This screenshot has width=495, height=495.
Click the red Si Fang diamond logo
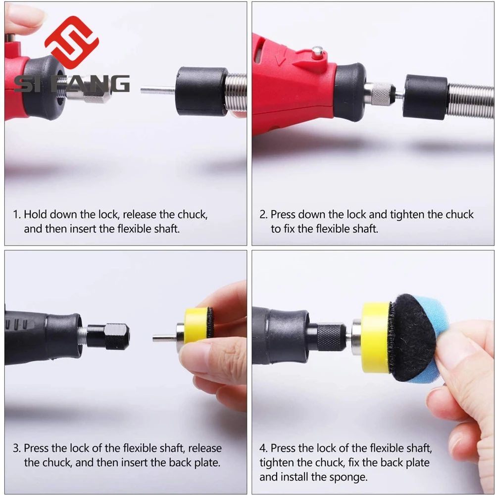point(72,42)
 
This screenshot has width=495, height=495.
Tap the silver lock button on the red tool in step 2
point(318,53)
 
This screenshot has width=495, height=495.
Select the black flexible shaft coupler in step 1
point(201,91)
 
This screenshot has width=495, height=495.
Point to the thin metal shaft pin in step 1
point(157,91)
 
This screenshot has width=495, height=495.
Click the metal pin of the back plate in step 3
point(165,339)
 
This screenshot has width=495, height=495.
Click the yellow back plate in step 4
point(376,337)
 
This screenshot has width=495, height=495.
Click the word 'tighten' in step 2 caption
point(407,215)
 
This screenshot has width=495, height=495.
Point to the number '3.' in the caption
point(17,448)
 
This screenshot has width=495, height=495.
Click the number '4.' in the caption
point(264,448)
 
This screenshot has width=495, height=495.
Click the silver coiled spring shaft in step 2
point(470,101)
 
